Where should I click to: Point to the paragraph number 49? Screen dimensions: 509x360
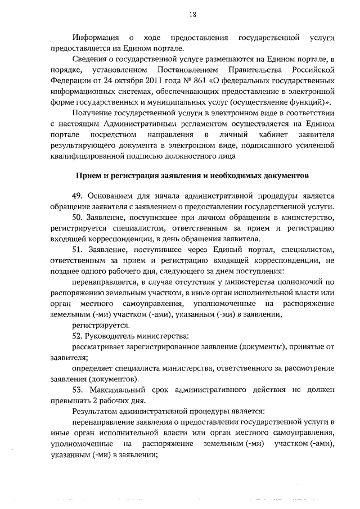78,196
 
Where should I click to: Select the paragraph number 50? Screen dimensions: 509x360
78,217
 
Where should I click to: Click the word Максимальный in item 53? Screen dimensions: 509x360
118,390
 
